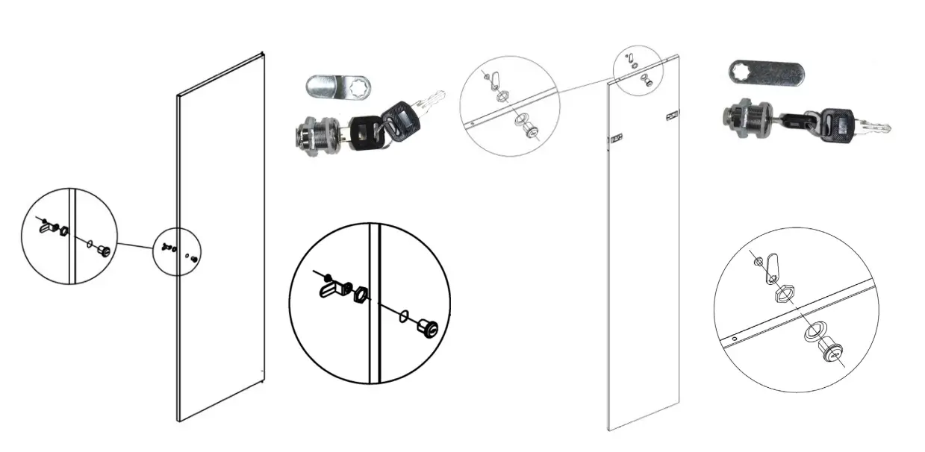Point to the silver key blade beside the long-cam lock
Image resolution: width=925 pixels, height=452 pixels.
(x=873, y=128)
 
